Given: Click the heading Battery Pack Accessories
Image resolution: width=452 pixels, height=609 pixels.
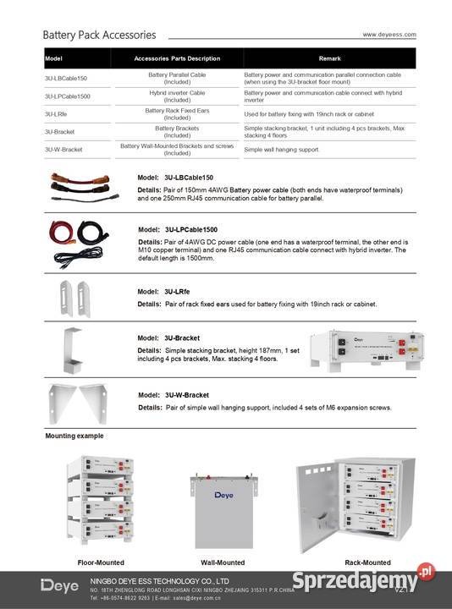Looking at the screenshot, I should [100, 36].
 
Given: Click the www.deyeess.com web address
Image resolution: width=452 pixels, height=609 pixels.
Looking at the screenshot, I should [389, 35].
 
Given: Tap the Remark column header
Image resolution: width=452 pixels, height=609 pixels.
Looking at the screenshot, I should [329, 58].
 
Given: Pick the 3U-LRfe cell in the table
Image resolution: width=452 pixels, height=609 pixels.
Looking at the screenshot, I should [56, 113].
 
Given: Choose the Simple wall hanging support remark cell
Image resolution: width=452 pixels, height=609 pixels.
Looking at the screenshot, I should [281, 149].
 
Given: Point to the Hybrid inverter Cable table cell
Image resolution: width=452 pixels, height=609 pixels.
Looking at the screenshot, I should [177, 96].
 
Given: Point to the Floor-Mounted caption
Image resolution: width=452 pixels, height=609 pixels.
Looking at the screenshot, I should [101, 562].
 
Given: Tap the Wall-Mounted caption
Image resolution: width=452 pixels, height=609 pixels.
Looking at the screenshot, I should [223, 562].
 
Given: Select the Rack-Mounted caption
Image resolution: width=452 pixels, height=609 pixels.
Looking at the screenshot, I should [367, 562].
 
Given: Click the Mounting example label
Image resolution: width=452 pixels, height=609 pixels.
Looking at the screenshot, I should [74, 436].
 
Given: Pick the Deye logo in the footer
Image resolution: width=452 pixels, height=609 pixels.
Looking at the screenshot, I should [58, 585].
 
